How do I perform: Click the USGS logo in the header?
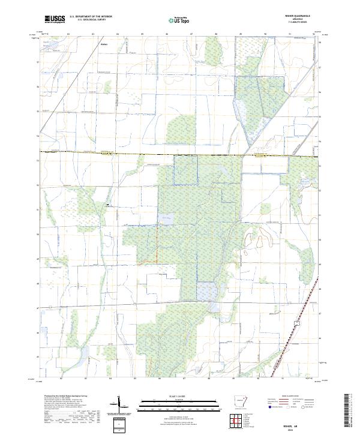point(55,19)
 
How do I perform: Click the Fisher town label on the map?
point(104,44)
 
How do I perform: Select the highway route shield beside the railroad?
point(296,323)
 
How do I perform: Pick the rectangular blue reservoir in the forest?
point(206,291)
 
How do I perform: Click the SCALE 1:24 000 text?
point(179,395)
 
